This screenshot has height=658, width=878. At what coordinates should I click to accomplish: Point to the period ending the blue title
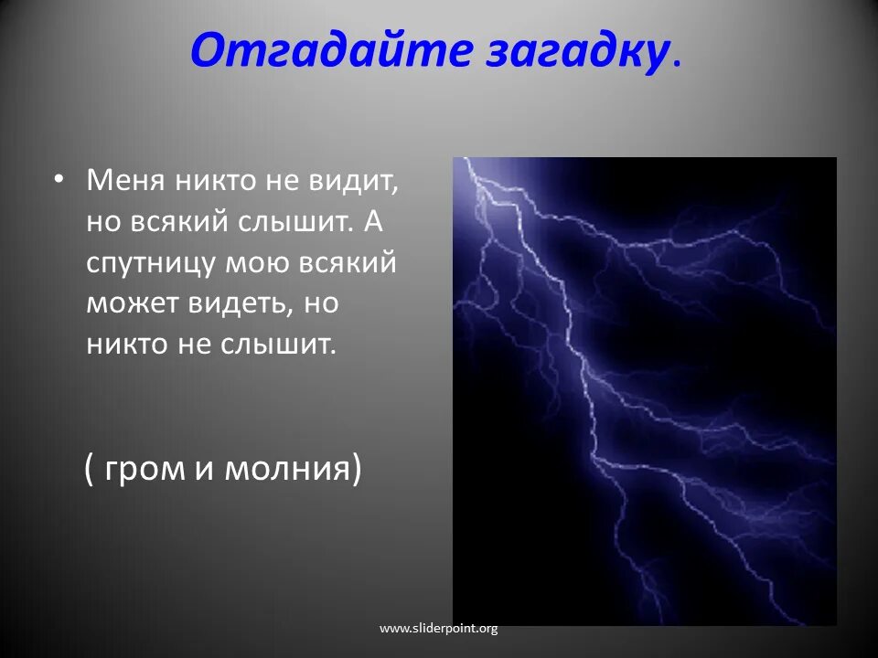pos(677,63)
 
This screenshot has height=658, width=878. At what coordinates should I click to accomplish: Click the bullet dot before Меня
pos(58,180)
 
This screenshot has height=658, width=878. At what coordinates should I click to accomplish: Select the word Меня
pos(125,180)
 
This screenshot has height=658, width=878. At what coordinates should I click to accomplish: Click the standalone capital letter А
pos(373,221)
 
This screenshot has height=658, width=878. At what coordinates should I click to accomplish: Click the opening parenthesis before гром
pos(89,469)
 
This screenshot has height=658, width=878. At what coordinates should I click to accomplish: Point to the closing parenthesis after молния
pos(357,469)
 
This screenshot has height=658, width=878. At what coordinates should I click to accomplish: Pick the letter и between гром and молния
pos(205,470)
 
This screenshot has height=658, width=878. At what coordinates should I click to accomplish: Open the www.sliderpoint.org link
pos(438,629)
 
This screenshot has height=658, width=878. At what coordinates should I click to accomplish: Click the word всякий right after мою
pos(347,263)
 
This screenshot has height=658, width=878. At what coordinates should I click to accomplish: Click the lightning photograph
pos(645,391)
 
